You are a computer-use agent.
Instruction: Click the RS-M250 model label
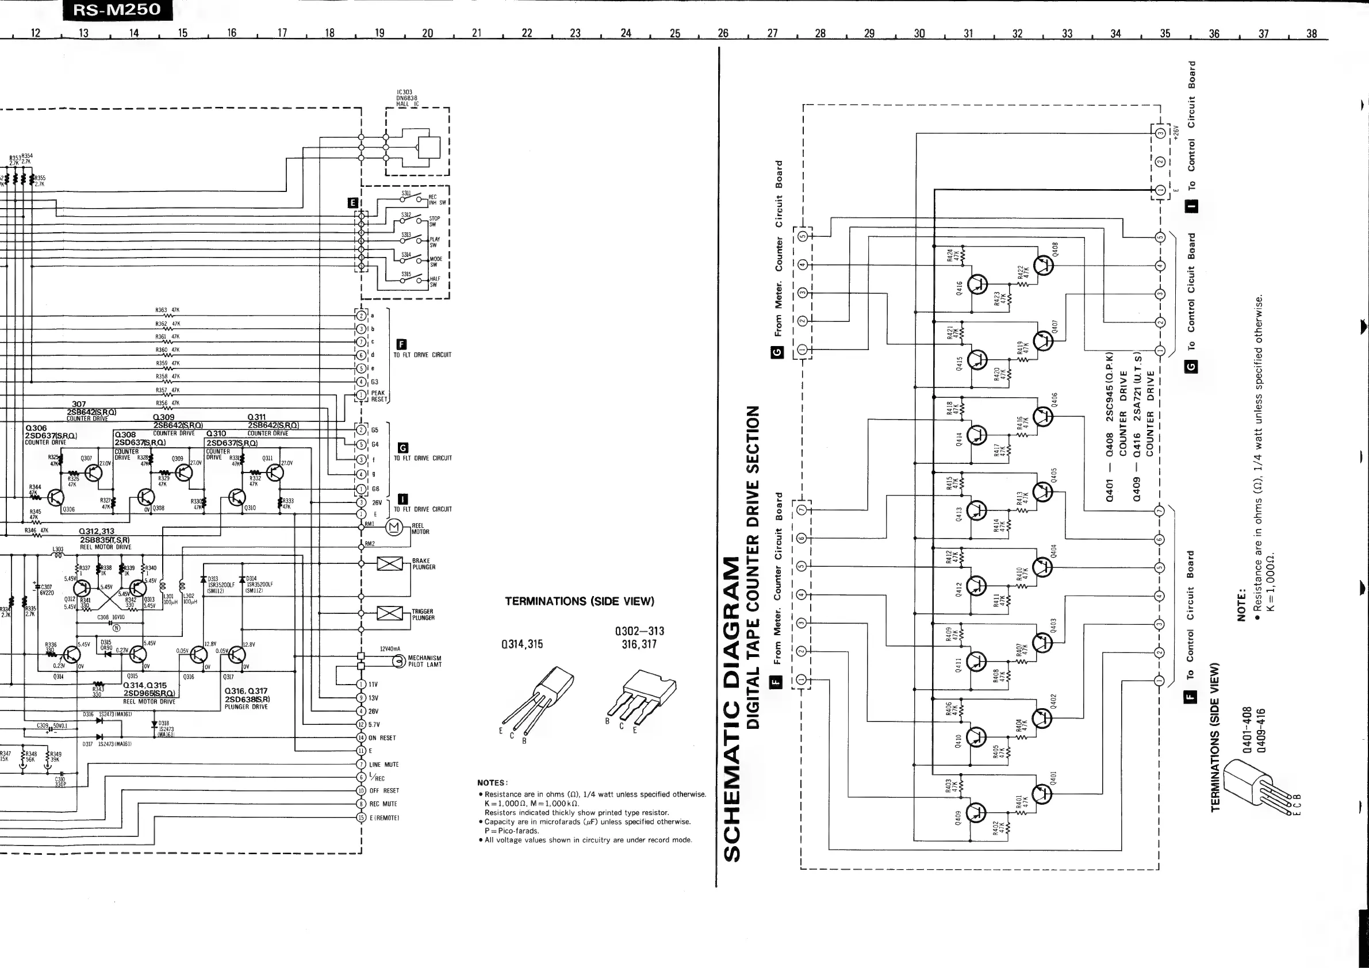(x=117, y=10)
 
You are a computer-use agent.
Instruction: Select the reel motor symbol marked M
(x=393, y=528)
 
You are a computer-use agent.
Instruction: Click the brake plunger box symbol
(x=390, y=563)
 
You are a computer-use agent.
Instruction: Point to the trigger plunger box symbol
(x=390, y=613)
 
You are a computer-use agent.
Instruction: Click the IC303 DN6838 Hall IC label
(x=407, y=98)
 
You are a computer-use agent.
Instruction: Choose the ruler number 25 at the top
(x=675, y=33)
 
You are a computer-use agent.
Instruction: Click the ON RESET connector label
(x=382, y=738)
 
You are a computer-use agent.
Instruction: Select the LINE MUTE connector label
(x=384, y=764)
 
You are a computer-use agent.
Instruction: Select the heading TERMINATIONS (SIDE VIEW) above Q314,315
(x=580, y=601)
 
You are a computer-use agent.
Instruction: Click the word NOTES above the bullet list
(x=492, y=783)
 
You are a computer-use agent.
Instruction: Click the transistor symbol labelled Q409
(x=977, y=812)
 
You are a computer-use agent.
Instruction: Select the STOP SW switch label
(x=434, y=221)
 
